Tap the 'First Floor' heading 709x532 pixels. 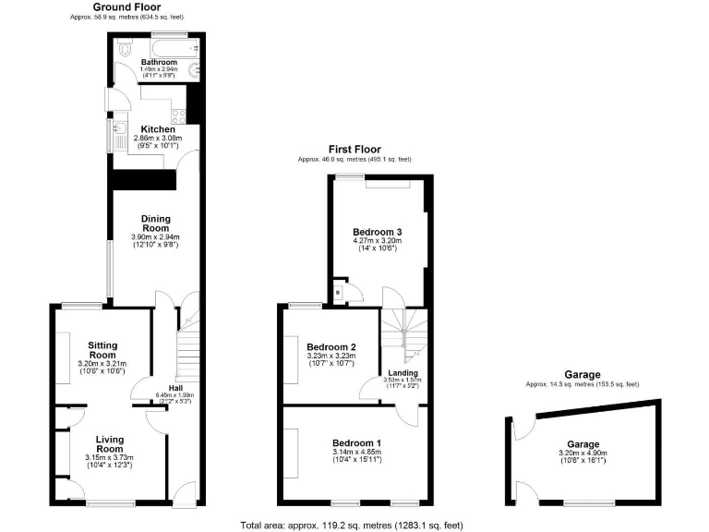[354, 149]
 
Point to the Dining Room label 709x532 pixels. [155, 223]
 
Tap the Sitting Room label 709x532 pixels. [102, 349]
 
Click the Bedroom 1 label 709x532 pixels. [355, 442]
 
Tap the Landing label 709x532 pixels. [402, 372]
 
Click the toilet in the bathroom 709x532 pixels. [123, 46]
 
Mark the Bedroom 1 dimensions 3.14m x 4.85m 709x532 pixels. [355, 452]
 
